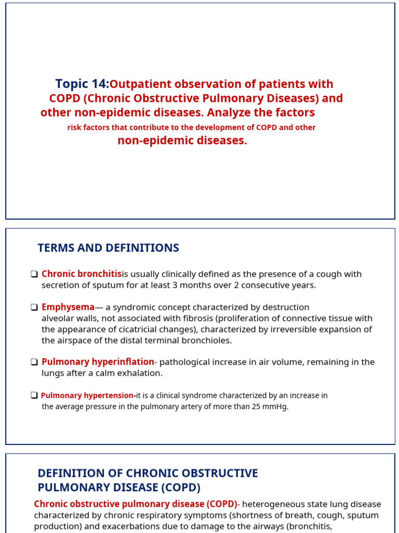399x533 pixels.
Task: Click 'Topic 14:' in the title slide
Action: tap(82, 84)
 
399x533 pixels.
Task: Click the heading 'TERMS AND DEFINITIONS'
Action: tap(108, 248)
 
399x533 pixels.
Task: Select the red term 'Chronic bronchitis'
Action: tap(82, 274)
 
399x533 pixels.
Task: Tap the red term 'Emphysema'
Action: tap(68, 307)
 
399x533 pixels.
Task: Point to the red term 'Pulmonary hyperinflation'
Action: tap(98, 362)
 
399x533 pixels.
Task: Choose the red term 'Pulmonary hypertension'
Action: tap(87, 396)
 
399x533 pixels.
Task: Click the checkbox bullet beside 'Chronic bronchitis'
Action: tap(34, 274)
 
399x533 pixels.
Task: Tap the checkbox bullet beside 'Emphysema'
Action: tap(34, 308)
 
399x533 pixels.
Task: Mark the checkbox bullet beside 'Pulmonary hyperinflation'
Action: tap(34, 362)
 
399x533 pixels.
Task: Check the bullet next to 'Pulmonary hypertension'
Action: tap(34, 396)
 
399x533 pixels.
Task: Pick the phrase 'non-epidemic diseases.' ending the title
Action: tap(182, 141)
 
